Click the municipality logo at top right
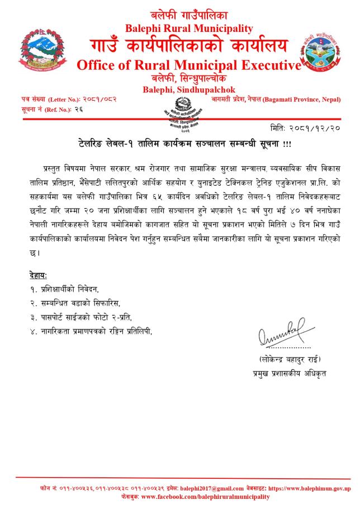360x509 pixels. pos(326,53)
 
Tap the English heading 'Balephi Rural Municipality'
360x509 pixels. pos(188,29)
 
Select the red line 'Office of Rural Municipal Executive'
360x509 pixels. pos(188,65)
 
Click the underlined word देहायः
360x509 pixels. pos(38,276)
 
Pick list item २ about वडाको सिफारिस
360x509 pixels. pos(74,303)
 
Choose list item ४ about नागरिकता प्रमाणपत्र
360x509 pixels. pos(91,331)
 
